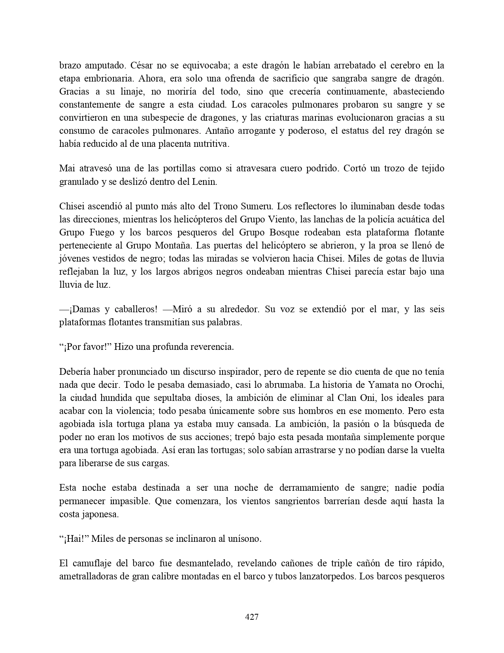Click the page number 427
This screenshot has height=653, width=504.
252,617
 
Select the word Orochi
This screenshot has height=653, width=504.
430,385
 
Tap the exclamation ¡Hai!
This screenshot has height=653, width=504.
74,539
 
